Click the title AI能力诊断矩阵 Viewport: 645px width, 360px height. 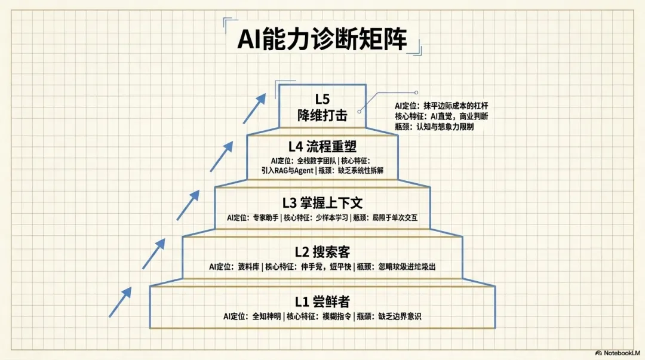pyautogui.click(x=322, y=39)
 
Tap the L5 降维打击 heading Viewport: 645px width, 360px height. pyautogui.click(x=322, y=107)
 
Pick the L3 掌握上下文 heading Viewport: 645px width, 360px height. pyautogui.click(x=322, y=204)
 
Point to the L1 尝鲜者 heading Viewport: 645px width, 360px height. pyautogui.click(x=322, y=301)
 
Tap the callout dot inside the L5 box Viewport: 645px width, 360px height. pyautogui.click(x=360, y=110)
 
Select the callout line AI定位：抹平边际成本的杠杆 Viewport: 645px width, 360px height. pyautogui.click(x=446, y=106)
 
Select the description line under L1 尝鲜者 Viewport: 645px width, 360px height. pyautogui.click(x=322, y=316)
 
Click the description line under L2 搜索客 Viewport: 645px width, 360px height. pyautogui.click(x=322, y=267)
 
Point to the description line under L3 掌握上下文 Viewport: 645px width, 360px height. pyautogui.click(x=322, y=218)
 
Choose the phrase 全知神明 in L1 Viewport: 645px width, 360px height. pyautogui.click(x=266, y=316)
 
